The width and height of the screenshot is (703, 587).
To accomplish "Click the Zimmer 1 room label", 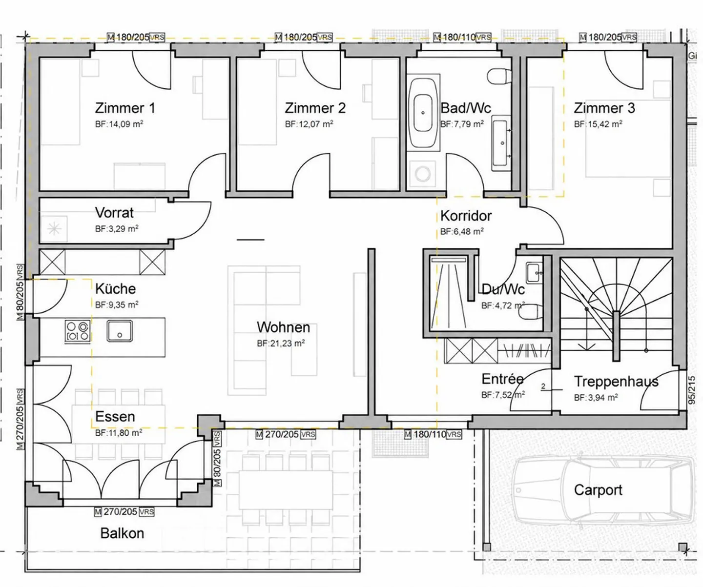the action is click(125, 108).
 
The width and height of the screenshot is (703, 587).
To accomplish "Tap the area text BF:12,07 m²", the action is click(309, 124).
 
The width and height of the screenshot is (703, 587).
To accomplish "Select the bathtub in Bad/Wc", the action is click(423, 113).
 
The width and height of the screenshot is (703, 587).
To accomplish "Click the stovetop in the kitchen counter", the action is click(78, 331).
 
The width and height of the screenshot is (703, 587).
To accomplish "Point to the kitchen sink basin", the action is click(120, 331).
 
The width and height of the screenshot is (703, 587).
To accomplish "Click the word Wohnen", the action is click(283, 327).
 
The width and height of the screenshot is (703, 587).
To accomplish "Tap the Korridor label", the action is click(466, 216).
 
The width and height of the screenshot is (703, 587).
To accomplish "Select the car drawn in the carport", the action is click(604, 491).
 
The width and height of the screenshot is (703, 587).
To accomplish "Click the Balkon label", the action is click(122, 533).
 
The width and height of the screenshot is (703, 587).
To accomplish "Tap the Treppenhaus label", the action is click(616, 382).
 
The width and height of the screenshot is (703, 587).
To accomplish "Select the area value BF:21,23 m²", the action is click(281, 344).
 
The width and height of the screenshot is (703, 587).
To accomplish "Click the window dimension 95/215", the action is click(692, 390).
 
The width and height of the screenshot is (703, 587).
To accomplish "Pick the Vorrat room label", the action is click(114, 212).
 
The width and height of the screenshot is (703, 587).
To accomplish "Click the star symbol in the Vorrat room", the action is click(54, 229).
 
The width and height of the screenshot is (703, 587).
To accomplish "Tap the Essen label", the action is click(115, 417).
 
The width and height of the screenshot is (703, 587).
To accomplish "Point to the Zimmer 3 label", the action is click(604, 108).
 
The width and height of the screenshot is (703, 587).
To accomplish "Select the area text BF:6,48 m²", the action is click(462, 232).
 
